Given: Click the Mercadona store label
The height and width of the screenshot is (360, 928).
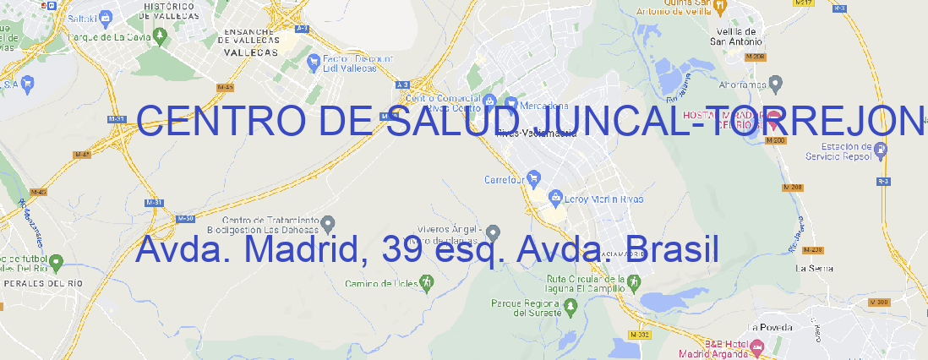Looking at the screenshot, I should pos(543,106).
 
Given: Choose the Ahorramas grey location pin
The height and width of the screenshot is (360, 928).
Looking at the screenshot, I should pos(778,83).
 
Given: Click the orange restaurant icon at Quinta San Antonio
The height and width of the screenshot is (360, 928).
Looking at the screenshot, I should pos(719,7).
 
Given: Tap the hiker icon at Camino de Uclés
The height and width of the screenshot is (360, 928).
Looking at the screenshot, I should pos(427,282).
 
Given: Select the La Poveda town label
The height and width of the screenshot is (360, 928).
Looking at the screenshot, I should pos(770,326).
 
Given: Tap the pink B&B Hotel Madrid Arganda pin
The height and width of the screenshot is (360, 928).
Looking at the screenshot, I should pos(757,346).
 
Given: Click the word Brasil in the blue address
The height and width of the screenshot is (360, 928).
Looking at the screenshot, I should pos(674,249).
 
